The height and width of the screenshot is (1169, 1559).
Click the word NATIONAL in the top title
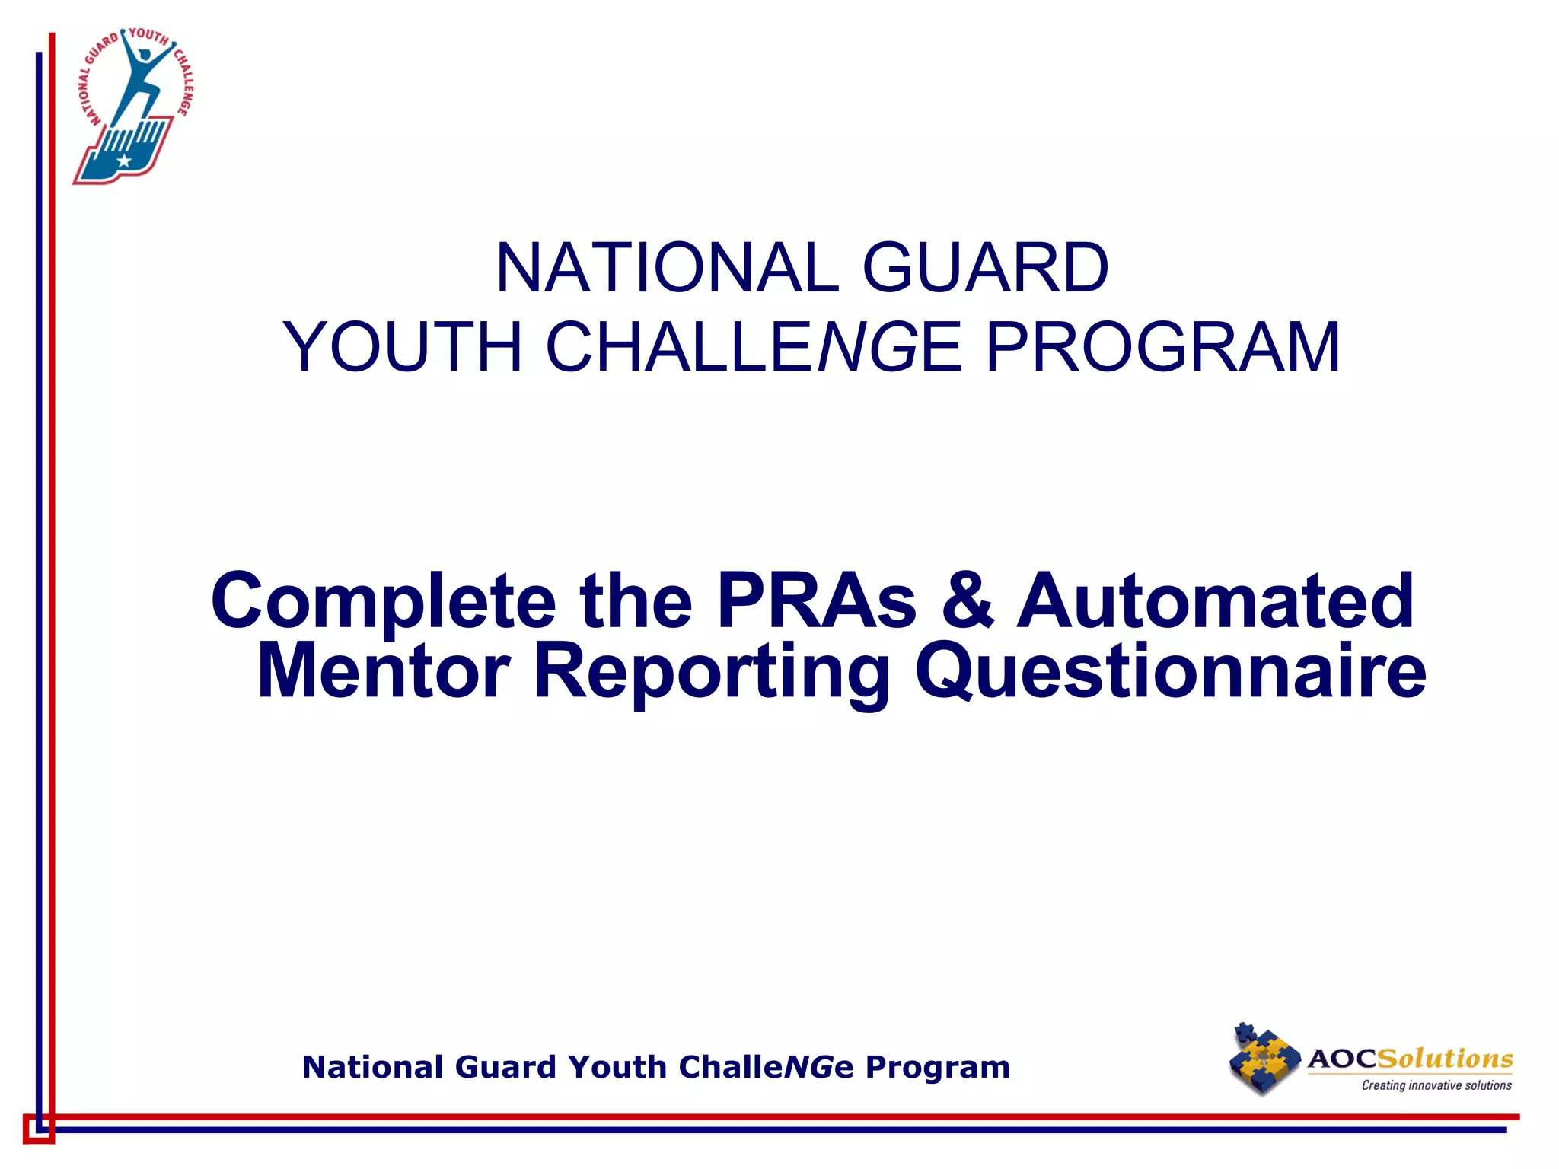[668, 268]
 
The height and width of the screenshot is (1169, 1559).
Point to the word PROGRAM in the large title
[1162, 347]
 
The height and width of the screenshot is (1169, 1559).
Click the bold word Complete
[383, 601]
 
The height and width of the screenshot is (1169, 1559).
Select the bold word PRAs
[816, 601]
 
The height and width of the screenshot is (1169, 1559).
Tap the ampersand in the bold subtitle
[968, 601]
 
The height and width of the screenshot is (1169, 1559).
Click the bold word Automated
[1216, 601]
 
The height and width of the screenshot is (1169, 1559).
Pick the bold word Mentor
[383, 671]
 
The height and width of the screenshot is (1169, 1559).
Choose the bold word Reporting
[711, 671]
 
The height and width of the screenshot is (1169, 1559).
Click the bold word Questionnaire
[1170, 671]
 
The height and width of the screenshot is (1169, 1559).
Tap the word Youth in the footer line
[617, 1067]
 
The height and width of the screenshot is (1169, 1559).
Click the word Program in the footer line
[938, 1067]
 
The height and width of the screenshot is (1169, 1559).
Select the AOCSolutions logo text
[1410, 1059]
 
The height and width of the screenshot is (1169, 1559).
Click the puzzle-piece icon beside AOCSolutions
[1264, 1059]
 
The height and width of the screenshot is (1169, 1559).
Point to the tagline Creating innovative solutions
[1436, 1085]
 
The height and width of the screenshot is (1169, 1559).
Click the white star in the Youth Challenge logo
[123, 161]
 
